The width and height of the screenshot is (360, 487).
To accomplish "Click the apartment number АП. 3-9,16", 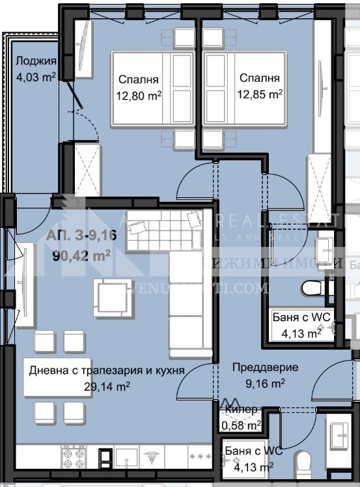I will tap(81, 236).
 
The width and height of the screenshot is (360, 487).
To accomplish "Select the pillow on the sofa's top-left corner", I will tap(138, 227).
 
